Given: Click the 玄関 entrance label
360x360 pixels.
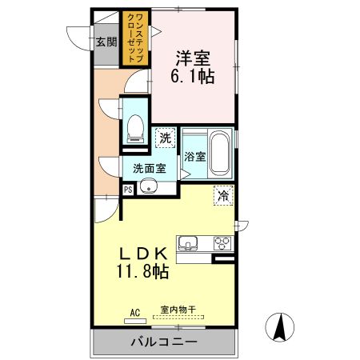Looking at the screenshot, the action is [106, 42].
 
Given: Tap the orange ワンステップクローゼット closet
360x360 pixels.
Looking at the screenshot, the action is [135, 38].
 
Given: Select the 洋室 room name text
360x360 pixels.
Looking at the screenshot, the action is [193, 58].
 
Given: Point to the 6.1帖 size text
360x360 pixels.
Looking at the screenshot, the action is [193, 77].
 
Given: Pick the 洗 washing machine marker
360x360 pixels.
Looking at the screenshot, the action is [166, 138].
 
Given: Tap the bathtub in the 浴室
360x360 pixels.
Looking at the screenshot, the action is [220, 154].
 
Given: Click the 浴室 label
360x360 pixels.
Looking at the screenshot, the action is [195, 157].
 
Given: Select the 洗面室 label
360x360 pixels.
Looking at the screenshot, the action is [150, 169].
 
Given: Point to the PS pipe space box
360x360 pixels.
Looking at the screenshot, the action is [128, 190].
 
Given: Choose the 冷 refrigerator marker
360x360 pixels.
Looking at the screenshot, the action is [223, 195].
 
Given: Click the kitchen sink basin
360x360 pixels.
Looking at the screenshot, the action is [188, 243].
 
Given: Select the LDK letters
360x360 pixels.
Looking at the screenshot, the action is [143, 254].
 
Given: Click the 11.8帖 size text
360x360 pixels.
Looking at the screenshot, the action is [142, 271].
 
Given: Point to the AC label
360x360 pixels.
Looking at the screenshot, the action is [135, 313].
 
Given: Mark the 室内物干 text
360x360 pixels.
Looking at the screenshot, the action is [178, 310].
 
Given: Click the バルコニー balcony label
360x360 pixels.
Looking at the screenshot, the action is [164, 342].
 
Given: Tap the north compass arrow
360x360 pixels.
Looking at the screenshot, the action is [280, 327].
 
